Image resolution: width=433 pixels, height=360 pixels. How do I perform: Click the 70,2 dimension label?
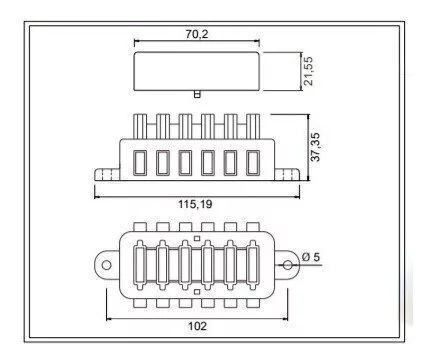tap(197, 34)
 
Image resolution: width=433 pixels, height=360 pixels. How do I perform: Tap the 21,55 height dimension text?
tap(308, 71)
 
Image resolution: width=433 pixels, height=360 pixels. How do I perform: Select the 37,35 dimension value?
tap(315, 147)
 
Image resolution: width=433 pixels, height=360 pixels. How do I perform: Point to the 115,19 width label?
tap(195, 204)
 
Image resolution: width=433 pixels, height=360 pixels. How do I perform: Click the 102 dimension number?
tap(197, 326)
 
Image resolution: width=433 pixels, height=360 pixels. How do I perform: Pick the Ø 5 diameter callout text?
tap(311, 257)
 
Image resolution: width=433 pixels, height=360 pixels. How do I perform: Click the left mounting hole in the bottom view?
tap(106, 265)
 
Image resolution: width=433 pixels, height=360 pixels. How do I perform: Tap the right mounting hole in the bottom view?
tap(287, 265)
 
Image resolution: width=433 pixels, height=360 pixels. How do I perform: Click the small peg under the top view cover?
tap(197, 94)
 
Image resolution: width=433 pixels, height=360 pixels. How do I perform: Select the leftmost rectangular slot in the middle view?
tap(140, 163)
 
